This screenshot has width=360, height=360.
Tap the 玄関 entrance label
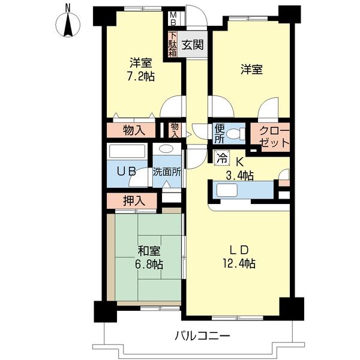coord(193,45)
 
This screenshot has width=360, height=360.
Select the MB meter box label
coord(173,19)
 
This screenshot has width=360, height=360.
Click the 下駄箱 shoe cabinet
coord(173,44)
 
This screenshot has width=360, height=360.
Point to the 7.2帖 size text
coord(141,76)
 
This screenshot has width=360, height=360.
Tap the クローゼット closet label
coord(275,137)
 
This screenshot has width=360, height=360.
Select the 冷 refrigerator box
coord(221,158)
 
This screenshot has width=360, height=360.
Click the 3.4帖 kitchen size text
coord(240,176)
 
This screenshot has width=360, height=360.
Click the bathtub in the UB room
coord(127,151)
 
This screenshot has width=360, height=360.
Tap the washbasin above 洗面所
coord(166,148)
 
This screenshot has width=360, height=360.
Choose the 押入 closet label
coord(134,201)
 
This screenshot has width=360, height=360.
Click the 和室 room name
coord(149,251)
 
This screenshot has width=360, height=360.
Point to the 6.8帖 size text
coord(149,265)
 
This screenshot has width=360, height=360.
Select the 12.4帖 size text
coord(239,263)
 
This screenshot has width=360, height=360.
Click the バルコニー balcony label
coord(202,337)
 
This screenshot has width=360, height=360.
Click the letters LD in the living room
coord(239,250)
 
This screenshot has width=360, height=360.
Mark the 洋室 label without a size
coord(251,70)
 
